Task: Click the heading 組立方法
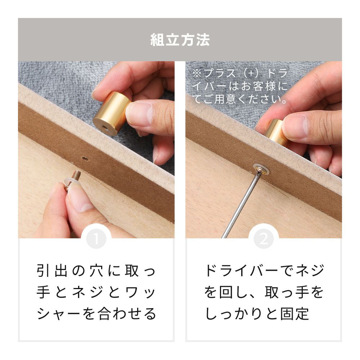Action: pyautogui.click(x=180, y=40)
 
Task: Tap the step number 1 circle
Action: pyautogui.click(x=96, y=239)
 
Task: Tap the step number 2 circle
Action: pyautogui.click(x=264, y=239)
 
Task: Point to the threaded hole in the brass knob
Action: pyautogui.click(x=105, y=127)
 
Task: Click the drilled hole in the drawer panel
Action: pyautogui.click(x=85, y=158)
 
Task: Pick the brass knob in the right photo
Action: pyautogui.click(x=275, y=131)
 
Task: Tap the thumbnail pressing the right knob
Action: pyautogui.click(x=295, y=127)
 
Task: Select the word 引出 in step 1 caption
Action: pyautogui.click(x=52, y=271)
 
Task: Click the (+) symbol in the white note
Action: pyautogui.click(x=252, y=73)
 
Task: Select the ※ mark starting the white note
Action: pyautogui.click(x=197, y=73)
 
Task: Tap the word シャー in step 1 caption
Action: pyautogui.click(x=59, y=314)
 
